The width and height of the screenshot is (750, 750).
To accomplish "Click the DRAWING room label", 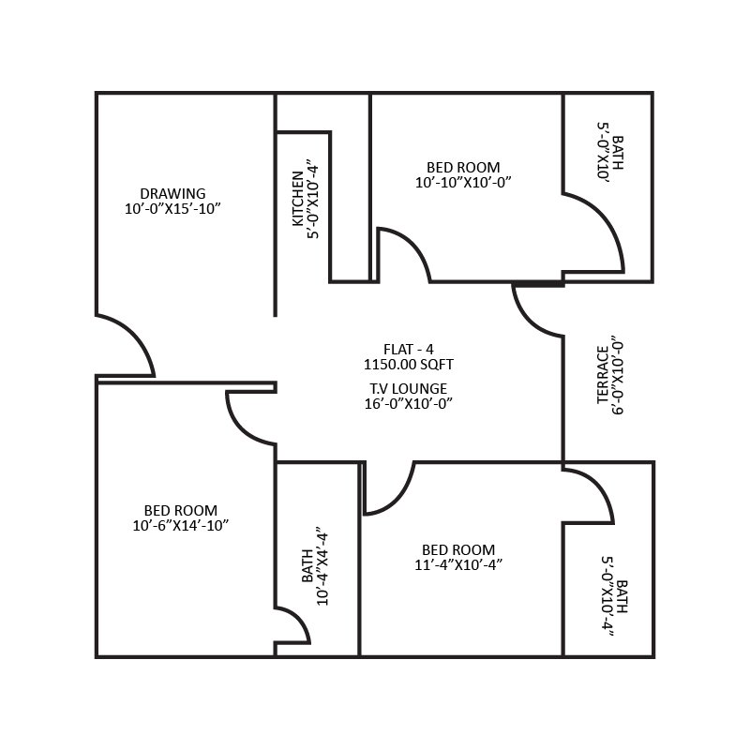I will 172,194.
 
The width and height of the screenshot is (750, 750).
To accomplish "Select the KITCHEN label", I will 298,198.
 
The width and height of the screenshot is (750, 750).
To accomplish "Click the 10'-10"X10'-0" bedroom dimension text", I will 463,183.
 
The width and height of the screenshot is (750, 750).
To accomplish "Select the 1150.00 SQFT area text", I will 408,362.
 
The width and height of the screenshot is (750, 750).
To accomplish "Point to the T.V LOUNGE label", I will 408,388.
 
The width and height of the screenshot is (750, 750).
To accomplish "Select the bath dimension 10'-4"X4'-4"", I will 322,565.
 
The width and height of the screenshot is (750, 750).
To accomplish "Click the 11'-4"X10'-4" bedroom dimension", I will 458,564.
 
